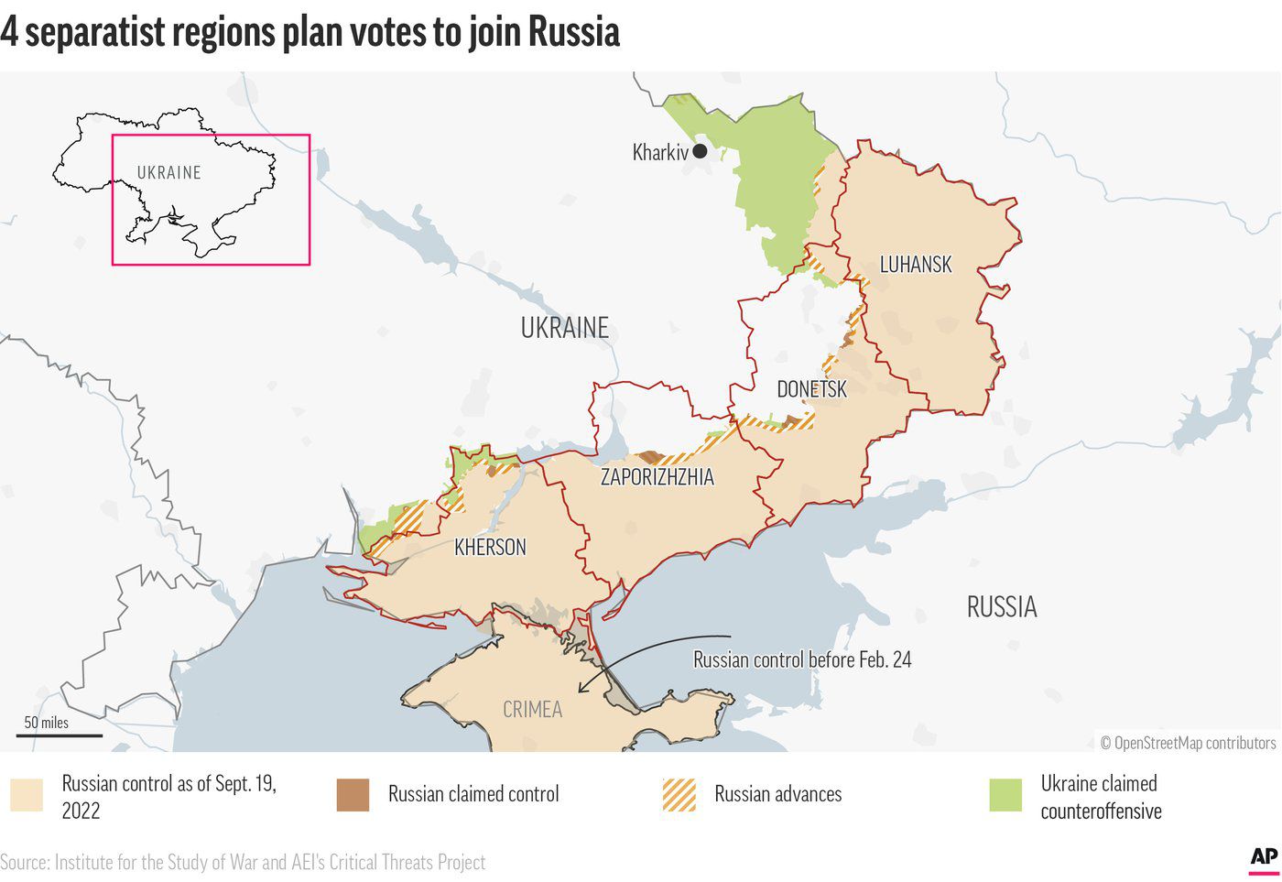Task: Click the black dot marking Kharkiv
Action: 700,152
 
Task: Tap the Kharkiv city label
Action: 659,152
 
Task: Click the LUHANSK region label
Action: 916,265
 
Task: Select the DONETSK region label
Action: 811,389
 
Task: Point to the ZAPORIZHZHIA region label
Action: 657,477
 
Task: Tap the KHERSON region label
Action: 490,548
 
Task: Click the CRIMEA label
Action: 532,710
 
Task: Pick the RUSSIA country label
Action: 1001,607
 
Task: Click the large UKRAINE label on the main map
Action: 564,328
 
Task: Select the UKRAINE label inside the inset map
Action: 168,173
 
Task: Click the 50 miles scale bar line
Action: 60,735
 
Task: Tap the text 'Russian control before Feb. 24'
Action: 802,660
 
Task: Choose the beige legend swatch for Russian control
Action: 27,795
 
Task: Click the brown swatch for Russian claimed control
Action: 353,795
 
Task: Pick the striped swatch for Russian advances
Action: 679,795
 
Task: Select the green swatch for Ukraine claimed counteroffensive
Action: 1005,795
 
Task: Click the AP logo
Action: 1263,857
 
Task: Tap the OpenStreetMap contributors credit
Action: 1188,743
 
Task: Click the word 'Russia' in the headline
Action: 573,32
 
